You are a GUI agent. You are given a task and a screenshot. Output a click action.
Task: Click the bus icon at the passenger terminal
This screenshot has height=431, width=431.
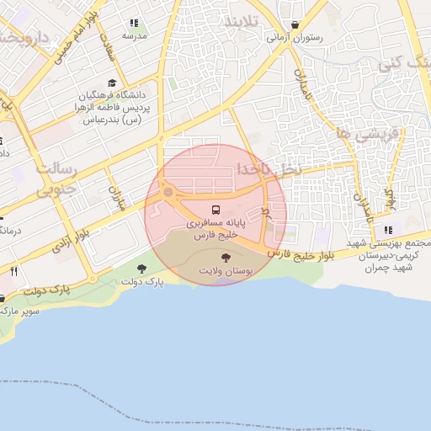click(x=215, y=210)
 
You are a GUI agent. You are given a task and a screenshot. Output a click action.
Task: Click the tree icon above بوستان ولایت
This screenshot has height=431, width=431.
click(x=225, y=258)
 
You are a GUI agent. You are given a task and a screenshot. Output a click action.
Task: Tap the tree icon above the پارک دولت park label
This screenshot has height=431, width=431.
click(x=141, y=269)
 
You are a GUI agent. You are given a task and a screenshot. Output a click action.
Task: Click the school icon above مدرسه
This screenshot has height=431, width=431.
click(x=133, y=23)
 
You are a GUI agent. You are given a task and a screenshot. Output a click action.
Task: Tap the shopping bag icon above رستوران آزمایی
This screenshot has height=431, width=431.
click(x=295, y=24)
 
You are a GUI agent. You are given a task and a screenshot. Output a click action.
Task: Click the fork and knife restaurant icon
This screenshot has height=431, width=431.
click(x=13, y=272)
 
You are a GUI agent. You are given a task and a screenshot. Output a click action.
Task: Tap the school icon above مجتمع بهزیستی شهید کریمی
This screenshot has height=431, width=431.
click(x=387, y=230)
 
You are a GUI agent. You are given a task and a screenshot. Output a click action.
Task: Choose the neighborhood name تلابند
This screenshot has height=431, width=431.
click(x=245, y=22)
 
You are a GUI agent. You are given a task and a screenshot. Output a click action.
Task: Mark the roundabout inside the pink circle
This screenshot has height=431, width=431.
click(x=168, y=194)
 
